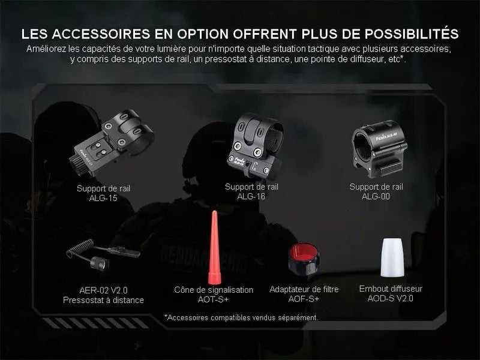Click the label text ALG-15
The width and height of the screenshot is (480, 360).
(103, 197)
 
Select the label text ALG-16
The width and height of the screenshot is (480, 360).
(251, 196)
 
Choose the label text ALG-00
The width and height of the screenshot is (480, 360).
(376, 196)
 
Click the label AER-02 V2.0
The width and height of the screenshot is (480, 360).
(103, 290)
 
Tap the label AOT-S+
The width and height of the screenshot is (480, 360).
(214, 299)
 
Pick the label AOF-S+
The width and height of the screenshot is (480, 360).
(304, 299)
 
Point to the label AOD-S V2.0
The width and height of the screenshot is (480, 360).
(394, 298)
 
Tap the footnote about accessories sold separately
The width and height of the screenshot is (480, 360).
(241, 317)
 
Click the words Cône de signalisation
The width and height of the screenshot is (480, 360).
(214, 290)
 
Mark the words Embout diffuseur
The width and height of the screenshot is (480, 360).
(394, 289)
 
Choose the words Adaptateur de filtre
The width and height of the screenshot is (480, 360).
(304, 289)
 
